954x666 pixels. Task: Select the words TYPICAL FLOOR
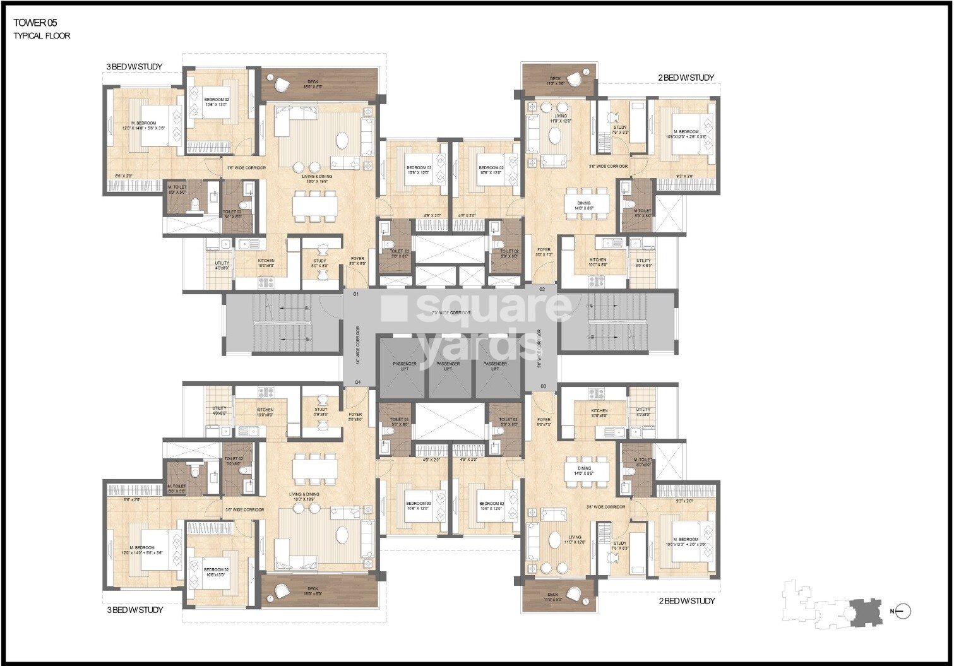tap(42, 36)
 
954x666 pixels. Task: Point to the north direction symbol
tap(903, 610)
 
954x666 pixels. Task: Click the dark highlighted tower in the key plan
tap(863, 611)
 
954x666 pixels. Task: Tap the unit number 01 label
tap(356, 294)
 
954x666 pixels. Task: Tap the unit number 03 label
tap(542, 385)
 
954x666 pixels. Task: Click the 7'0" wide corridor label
tap(451, 313)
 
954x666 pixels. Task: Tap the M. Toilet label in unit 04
tap(176, 487)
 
